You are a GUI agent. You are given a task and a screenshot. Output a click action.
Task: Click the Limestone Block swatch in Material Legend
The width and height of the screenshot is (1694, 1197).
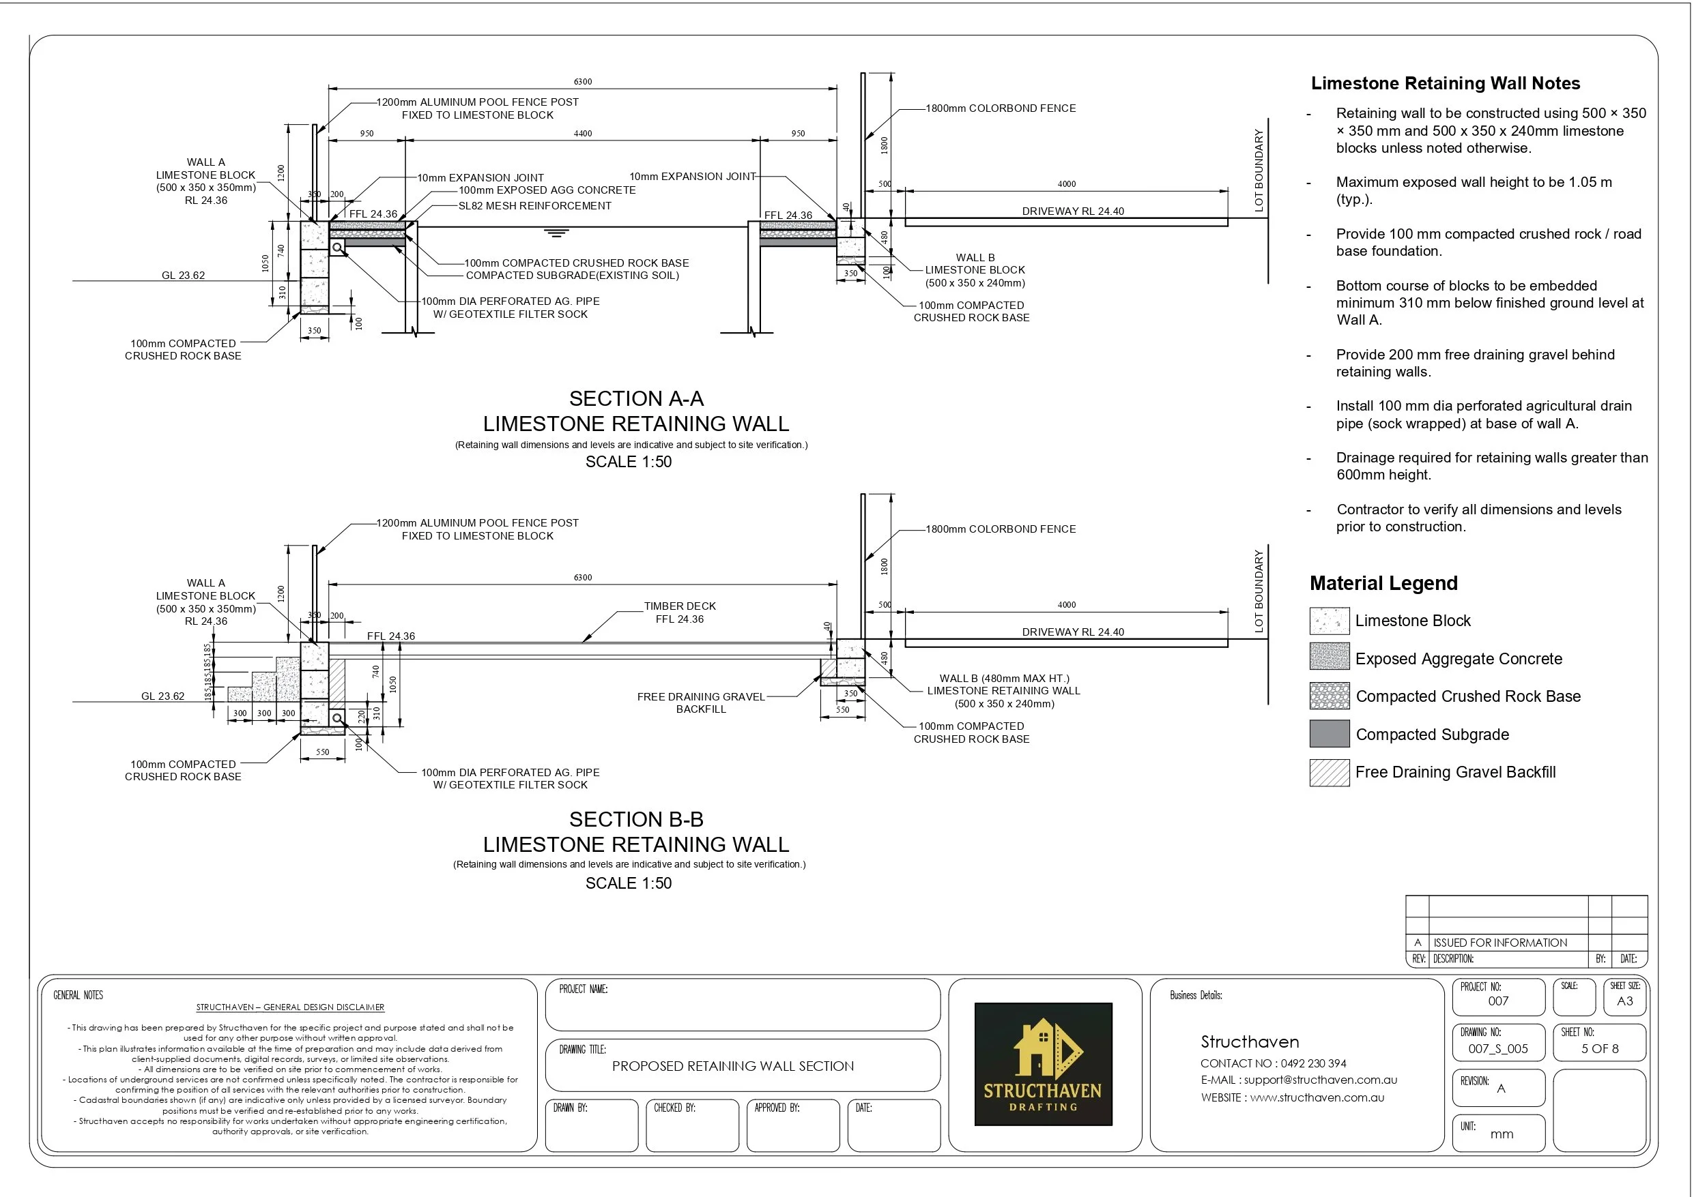1329,621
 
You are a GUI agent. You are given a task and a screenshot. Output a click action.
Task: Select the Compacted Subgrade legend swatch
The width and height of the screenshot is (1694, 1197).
1329,734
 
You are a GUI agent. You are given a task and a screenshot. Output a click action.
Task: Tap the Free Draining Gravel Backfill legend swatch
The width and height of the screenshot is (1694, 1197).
1329,772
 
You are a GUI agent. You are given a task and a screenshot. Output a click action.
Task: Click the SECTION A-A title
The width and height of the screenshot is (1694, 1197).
636,399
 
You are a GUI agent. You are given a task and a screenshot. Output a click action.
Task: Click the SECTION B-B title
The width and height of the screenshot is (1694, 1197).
636,819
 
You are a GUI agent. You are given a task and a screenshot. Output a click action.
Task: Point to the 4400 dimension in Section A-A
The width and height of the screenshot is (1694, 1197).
583,134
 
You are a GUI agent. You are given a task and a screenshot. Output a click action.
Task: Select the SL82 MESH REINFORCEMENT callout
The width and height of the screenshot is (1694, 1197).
535,206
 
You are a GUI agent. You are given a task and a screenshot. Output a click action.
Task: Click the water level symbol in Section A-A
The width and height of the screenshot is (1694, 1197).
556,233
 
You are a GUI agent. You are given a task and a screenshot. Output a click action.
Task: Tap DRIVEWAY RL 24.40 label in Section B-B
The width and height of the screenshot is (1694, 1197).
1073,632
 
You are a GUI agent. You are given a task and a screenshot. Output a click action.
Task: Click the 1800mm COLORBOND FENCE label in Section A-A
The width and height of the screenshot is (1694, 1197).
1001,108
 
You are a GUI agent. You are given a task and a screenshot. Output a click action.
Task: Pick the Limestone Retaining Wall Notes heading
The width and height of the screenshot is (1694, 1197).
1446,83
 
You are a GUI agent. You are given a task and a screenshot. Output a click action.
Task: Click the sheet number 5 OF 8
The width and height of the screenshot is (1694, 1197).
1600,1049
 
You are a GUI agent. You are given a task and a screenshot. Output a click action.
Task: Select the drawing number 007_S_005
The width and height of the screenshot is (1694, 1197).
1497,1049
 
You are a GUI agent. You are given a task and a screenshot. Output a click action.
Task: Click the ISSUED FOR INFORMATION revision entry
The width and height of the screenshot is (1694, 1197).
1500,943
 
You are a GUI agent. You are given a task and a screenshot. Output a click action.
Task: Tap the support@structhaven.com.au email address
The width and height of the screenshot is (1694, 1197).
1320,1080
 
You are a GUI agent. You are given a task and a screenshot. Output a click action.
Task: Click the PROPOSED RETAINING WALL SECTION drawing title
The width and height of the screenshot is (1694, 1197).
732,1066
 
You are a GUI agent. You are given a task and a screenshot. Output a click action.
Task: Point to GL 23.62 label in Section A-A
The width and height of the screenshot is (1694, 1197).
183,275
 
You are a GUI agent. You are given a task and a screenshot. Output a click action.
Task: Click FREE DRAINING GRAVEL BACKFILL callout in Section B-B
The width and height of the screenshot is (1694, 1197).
701,703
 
